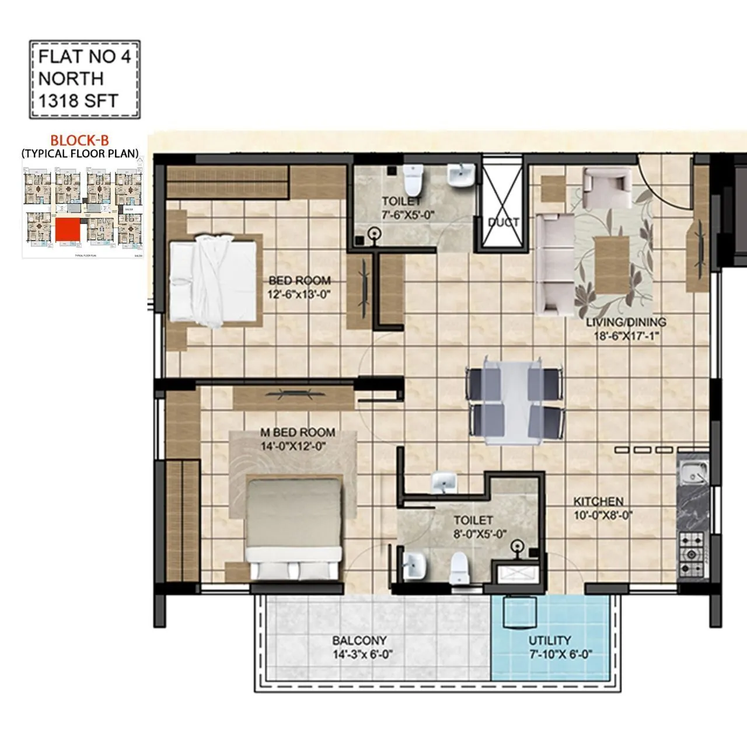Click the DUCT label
click(503, 222)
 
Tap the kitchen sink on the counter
click(692, 473)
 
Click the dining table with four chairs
click(515, 403)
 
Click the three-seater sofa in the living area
click(554, 264)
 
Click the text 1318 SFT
click(78, 100)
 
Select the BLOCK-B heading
click(79, 141)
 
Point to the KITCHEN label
click(598, 501)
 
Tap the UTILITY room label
click(550, 640)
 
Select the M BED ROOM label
click(298, 432)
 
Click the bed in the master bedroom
click(293, 529)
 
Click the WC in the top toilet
click(414, 180)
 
